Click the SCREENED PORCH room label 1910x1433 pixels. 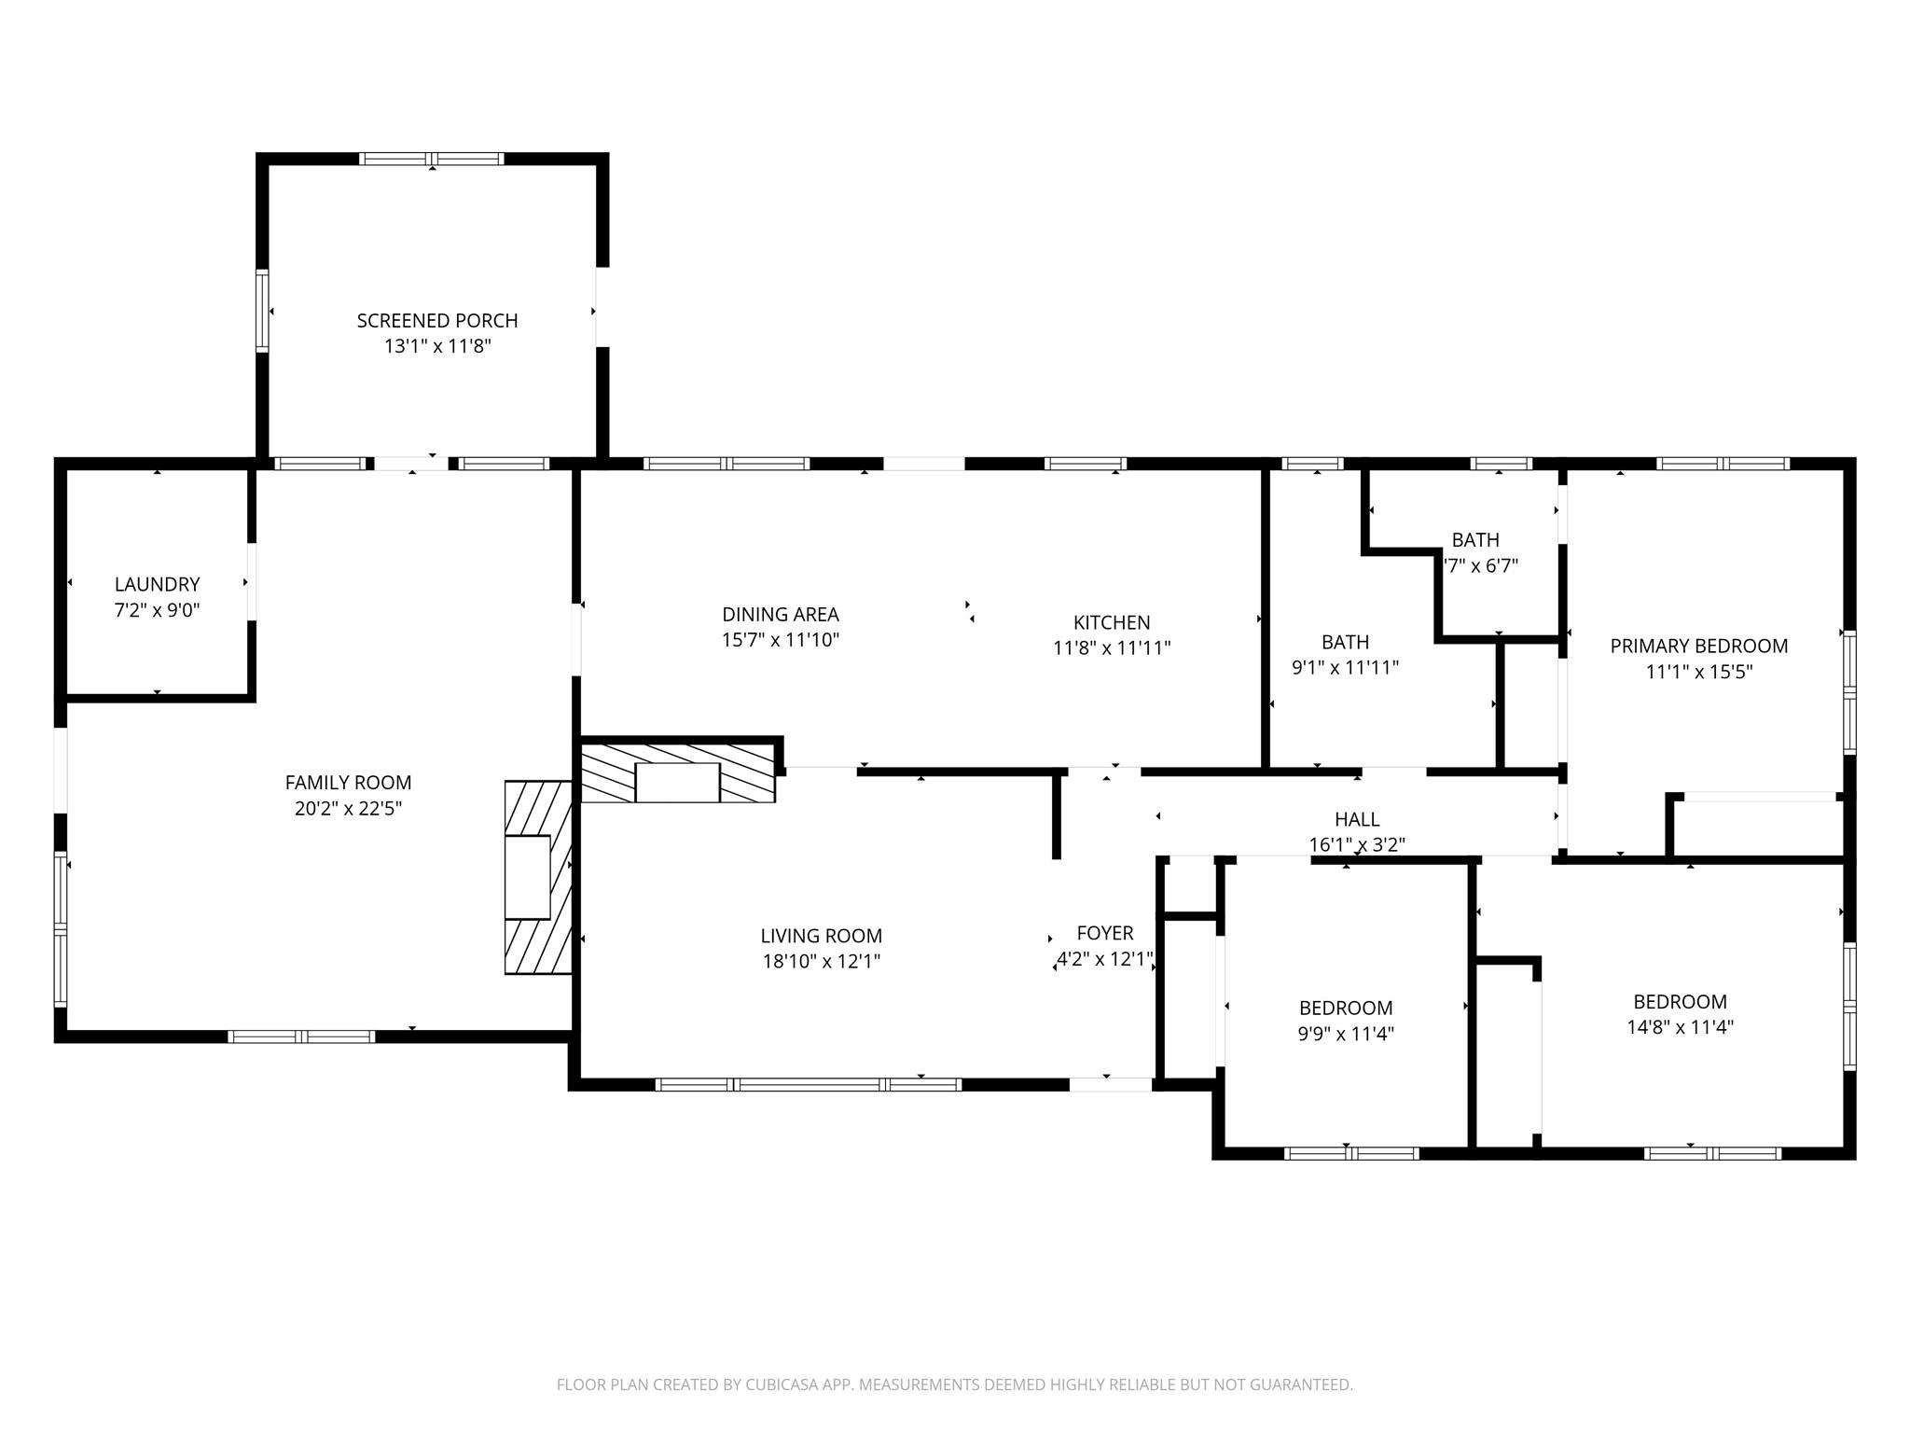click(437, 321)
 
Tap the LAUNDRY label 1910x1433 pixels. click(158, 585)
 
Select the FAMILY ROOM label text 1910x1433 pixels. click(348, 783)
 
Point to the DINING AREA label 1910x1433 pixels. click(781, 615)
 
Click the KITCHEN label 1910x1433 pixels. click(1112, 622)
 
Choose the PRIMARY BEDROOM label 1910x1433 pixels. click(1699, 646)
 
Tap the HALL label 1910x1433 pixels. click(1357, 819)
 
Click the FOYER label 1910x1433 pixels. click(1105, 933)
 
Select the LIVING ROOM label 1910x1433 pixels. click(822, 936)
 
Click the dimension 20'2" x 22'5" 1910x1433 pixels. click(348, 809)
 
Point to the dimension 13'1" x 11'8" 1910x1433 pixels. click(437, 346)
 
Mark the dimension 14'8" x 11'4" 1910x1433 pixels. click(1680, 1027)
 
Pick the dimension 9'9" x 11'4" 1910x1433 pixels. click(1346, 1034)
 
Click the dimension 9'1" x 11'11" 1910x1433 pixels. click(1345, 668)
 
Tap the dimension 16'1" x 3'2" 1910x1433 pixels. click(1357, 844)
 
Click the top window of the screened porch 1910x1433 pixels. click(432, 159)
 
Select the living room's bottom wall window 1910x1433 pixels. click(808, 1084)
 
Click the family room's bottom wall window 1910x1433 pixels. click(301, 1036)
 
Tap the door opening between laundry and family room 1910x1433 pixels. click(252, 581)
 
